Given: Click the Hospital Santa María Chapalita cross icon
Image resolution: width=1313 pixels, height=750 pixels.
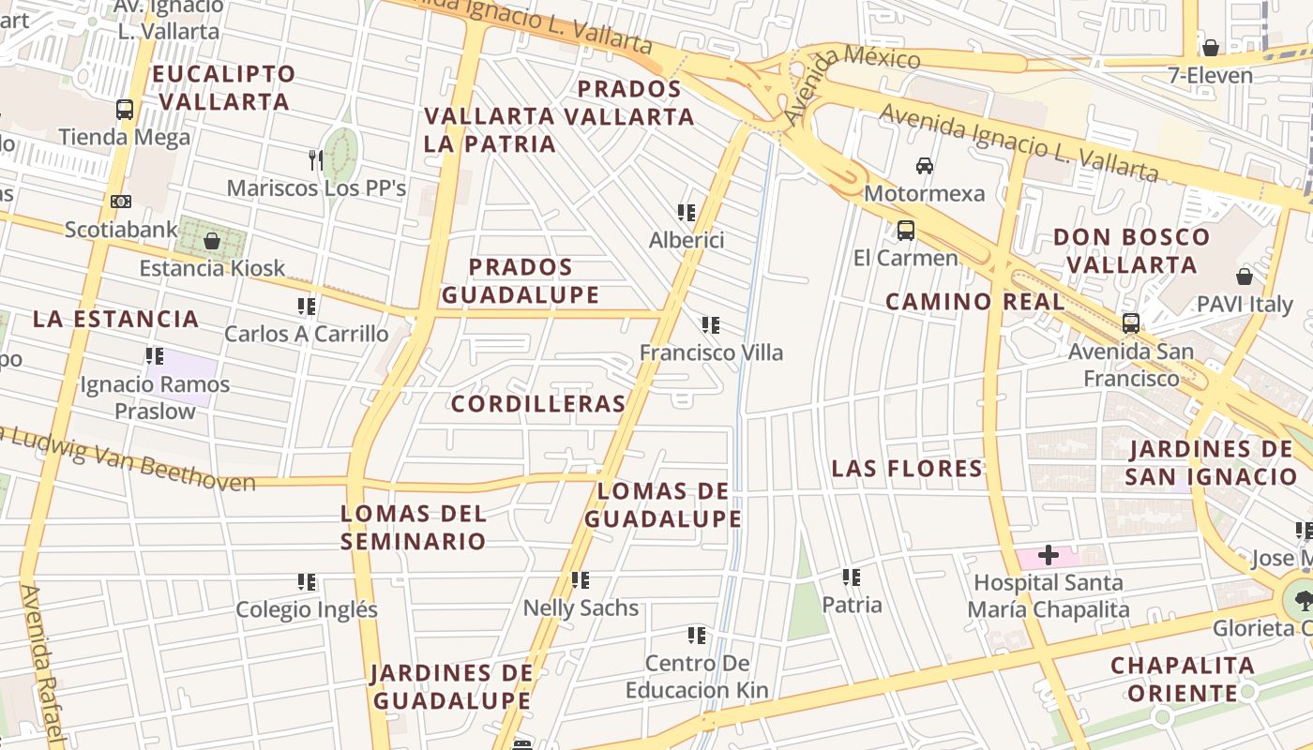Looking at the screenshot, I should point(1048,556).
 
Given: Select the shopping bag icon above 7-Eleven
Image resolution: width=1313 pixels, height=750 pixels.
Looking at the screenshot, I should point(1211,48).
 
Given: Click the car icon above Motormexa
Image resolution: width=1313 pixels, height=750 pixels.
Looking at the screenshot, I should point(925,166).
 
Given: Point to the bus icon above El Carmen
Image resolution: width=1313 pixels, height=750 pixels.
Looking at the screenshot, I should point(906,230).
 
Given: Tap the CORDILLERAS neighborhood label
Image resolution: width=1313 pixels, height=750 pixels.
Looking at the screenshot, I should point(538,404).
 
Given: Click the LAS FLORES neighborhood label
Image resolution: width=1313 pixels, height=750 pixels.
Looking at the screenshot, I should point(907,469).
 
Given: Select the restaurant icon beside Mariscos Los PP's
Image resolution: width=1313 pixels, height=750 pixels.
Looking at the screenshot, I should point(316,160).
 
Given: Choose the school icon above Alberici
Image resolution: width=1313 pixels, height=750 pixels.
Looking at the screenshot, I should point(687,213).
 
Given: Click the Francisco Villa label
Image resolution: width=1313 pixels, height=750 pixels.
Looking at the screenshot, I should point(711,352).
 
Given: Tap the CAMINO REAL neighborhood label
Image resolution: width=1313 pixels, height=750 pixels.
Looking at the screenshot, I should point(975,302).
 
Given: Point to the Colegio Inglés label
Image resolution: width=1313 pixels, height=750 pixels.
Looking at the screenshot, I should point(307,609).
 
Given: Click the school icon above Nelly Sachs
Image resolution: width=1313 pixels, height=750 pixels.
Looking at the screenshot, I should point(581,580).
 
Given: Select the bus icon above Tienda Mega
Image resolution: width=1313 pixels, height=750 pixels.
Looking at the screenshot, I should point(125,110).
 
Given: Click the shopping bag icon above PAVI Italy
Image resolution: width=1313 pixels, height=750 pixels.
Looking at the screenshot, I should point(1245,277).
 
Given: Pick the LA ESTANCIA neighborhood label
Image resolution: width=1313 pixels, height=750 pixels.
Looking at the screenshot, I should point(116,319).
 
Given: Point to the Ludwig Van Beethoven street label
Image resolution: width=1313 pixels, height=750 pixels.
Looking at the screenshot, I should point(131,457).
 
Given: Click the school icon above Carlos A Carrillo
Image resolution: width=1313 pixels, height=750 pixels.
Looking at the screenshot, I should point(307,307).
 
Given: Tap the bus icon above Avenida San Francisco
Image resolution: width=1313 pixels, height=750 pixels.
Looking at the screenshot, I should point(1131,323).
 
